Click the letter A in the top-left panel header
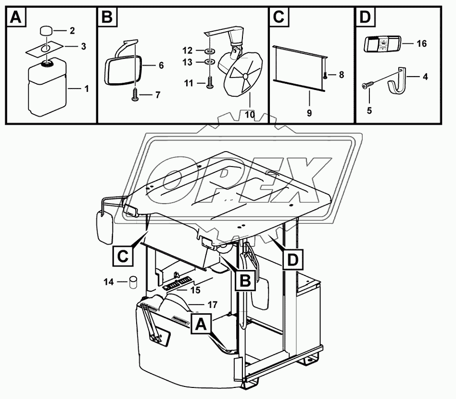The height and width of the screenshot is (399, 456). [x=16, y=18]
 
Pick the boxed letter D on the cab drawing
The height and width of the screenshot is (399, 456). [x=293, y=260]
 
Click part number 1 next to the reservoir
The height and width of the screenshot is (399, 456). [x=87, y=89]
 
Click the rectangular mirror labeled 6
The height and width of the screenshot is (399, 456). [x=124, y=67]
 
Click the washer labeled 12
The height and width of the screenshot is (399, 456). [x=210, y=51]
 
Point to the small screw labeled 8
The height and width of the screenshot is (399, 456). [x=326, y=75]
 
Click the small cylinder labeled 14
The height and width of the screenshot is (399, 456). [x=132, y=282]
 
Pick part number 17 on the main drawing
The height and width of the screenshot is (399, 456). [x=212, y=305]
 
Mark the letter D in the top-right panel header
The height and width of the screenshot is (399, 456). [x=366, y=18]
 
